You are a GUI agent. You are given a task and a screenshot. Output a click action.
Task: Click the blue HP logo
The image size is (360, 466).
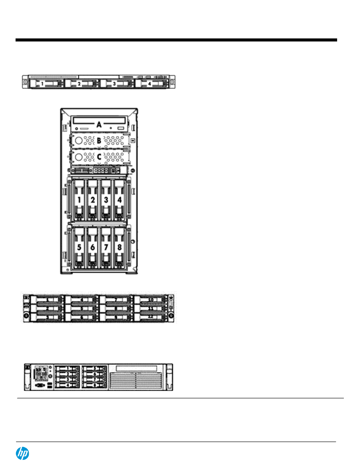22,453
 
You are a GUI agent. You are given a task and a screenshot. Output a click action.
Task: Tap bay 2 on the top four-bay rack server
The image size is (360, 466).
81,83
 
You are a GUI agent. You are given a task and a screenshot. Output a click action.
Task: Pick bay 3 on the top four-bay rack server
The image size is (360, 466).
117,83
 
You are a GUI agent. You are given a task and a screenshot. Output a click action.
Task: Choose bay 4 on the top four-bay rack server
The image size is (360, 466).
152,83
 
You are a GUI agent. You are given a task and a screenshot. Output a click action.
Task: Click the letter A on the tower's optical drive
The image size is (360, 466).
99,124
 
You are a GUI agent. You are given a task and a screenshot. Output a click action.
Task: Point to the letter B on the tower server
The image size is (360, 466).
99,141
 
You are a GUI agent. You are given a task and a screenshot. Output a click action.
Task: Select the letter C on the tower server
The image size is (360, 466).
99,157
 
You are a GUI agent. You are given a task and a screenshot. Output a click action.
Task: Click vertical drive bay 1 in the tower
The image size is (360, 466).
79,200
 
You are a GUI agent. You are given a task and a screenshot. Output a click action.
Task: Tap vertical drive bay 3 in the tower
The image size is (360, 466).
106,200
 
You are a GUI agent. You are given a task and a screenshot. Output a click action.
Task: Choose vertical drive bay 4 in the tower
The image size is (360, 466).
119,200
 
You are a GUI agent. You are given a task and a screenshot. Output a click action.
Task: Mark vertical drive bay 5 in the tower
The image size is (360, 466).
79,247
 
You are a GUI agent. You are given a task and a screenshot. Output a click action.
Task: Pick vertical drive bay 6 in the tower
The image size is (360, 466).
93,247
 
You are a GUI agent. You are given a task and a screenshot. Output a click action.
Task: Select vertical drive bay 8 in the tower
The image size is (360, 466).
119,247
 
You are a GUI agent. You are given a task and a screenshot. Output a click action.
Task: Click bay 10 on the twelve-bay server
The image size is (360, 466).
151,300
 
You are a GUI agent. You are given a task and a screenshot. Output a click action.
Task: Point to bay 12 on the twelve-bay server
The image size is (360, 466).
151,317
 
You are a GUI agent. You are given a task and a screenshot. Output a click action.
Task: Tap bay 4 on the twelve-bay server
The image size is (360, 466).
82,300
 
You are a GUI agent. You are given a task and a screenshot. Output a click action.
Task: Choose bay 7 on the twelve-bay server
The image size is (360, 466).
116,300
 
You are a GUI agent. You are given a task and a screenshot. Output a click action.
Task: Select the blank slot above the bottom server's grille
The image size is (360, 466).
136,368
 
